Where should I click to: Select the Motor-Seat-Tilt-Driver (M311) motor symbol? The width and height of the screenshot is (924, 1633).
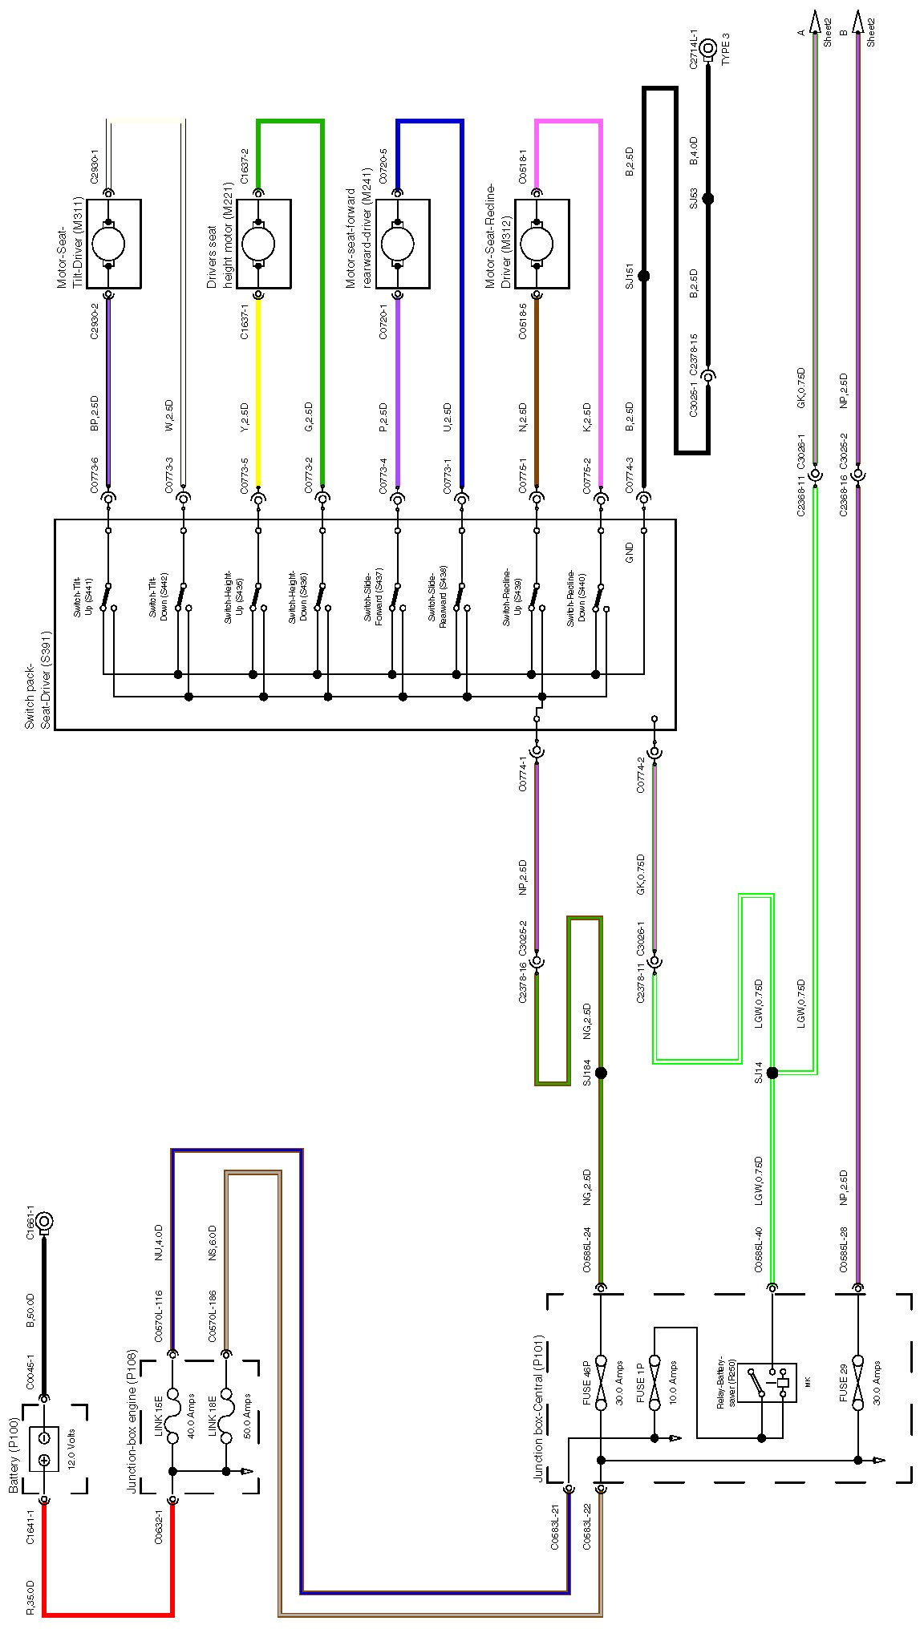click(x=109, y=243)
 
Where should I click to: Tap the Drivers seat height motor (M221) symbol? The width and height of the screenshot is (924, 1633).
click(x=258, y=243)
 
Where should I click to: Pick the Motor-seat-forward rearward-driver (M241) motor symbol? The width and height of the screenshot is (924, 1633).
click(x=397, y=243)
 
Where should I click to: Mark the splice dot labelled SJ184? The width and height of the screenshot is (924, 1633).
click(x=601, y=1073)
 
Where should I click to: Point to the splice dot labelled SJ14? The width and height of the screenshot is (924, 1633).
click(x=772, y=1073)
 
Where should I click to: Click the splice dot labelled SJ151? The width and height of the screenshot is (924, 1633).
click(x=643, y=276)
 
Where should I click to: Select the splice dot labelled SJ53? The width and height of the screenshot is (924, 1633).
click(x=707, y=198)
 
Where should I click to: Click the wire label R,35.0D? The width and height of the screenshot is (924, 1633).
click(x=30, y=1594)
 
